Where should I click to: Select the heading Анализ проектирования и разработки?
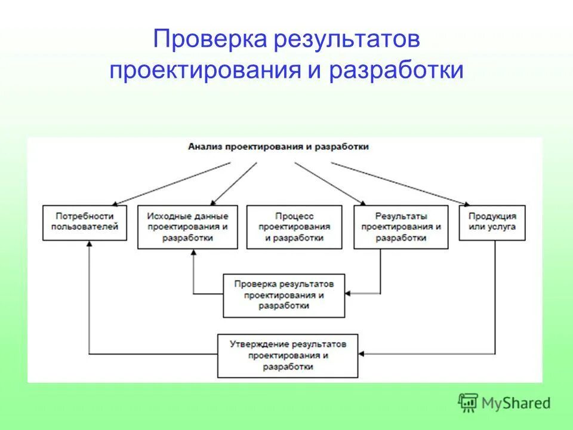pos(278,146)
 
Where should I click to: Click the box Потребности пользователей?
pos(85,222)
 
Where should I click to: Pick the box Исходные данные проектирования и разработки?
pos(187,227)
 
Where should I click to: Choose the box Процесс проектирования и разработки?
pos(294,227)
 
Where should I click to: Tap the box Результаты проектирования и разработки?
pos(401,227)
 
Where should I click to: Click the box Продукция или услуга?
pos(492,222)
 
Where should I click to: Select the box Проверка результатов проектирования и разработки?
pos(284,295)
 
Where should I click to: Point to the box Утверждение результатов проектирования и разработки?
pos(287,356)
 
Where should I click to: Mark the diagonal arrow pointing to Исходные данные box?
pos(235,183)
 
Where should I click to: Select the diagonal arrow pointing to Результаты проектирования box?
pos(329,183)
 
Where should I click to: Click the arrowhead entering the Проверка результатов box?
pos(349,293)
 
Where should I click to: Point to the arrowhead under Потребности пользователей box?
pos(89,244)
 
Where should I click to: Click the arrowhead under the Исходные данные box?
pos(193,252)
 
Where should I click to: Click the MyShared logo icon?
pos(469,403)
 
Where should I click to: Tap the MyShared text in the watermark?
pos(516,404)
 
